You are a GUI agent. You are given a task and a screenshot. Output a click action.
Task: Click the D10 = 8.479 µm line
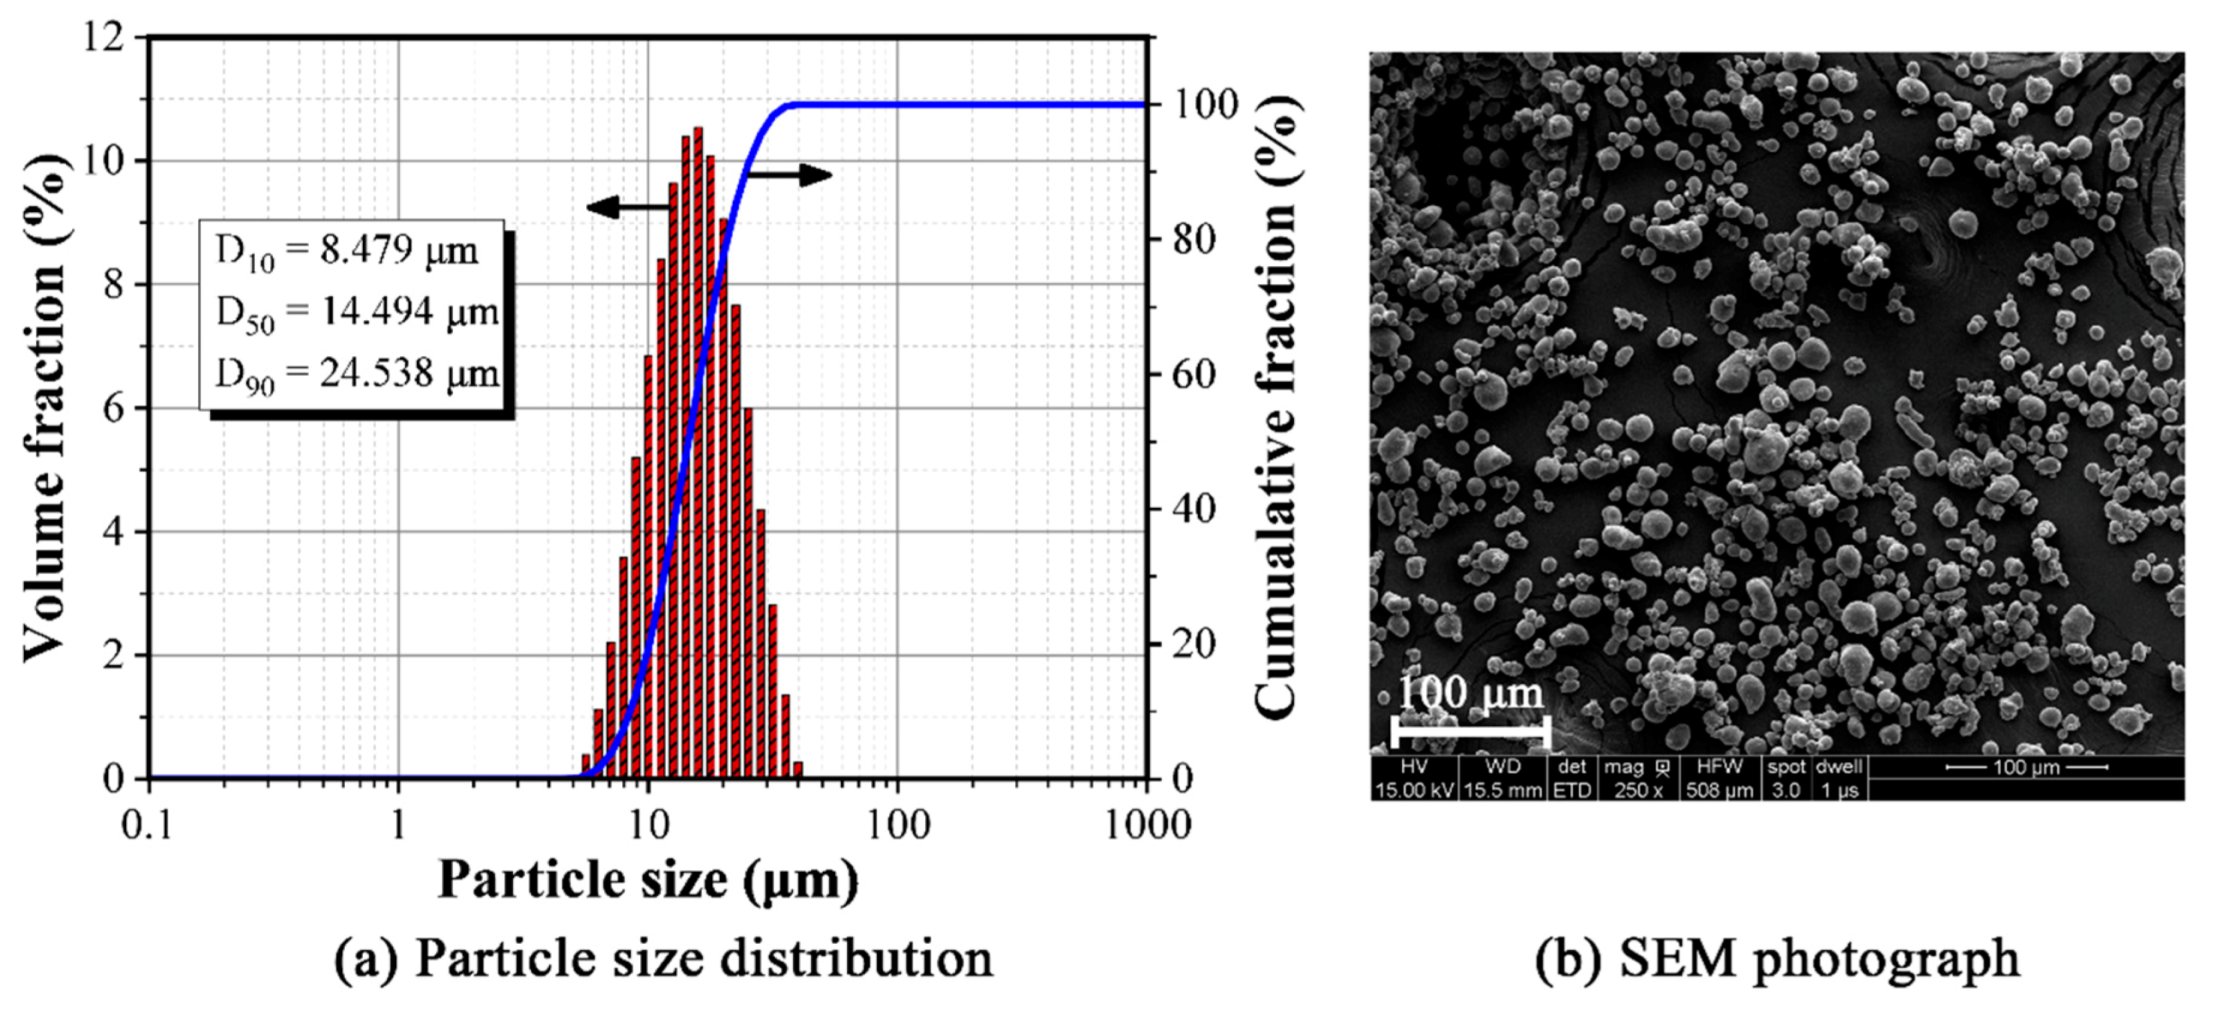(347, 251)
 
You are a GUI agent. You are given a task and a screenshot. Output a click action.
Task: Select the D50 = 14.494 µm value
(357, 312)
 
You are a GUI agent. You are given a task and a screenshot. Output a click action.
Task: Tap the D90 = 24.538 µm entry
(357, 374)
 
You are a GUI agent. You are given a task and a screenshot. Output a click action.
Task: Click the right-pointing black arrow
(790, 176)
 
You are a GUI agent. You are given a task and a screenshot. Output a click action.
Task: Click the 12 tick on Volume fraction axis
(104, 38)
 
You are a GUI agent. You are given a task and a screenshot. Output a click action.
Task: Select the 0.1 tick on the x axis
(147, 826)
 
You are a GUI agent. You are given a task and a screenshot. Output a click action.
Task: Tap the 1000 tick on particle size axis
(1146, 826)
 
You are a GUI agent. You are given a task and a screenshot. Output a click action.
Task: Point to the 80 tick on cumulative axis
(1195, 239)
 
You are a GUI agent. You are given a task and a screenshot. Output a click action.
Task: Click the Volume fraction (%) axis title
(44, 408)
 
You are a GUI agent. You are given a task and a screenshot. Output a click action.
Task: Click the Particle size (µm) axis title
(648, 880)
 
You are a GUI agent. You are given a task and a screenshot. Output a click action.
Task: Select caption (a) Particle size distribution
(662, 959)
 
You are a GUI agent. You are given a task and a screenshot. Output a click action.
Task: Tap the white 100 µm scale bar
(1470, 733)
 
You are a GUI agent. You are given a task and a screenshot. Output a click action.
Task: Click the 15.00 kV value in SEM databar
(1413, 790)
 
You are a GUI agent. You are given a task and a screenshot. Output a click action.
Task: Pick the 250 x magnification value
(1638, 790)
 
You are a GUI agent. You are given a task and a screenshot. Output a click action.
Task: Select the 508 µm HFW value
(1719, 790)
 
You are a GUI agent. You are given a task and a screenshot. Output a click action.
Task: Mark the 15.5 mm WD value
(1503, 790)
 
